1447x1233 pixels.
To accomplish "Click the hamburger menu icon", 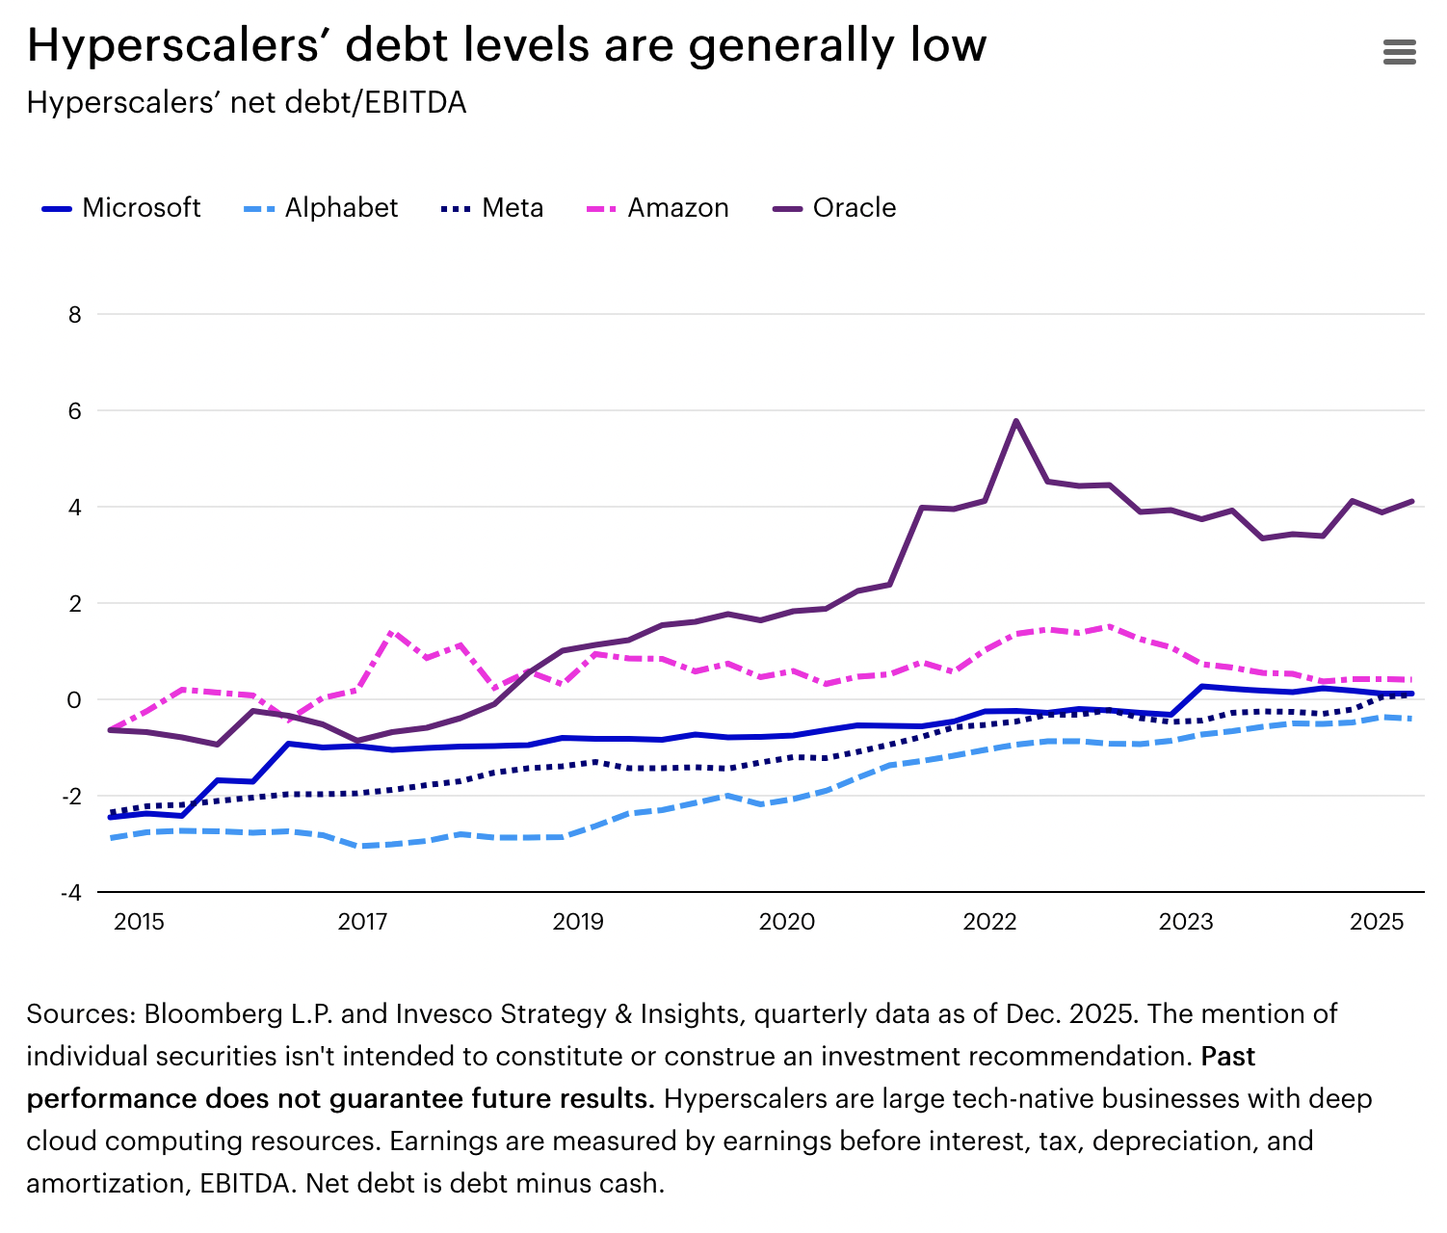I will (x=1399, y=52).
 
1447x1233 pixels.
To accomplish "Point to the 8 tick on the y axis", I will (x=74, y=314).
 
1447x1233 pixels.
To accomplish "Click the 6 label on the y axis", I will (x=74, y=410).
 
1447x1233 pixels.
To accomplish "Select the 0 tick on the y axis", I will (x=74, y=699).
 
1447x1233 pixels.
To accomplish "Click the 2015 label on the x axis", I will (x=139, y=922).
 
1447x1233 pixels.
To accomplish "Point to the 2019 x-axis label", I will (x=578, y=922).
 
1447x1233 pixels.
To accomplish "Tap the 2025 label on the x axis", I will (x=1378, y=922).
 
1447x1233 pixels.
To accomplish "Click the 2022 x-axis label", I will (x=989, y=922).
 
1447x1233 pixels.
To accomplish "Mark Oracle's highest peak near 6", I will (x=1016, y=421).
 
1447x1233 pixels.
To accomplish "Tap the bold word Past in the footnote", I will (x=1227, y=1057).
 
